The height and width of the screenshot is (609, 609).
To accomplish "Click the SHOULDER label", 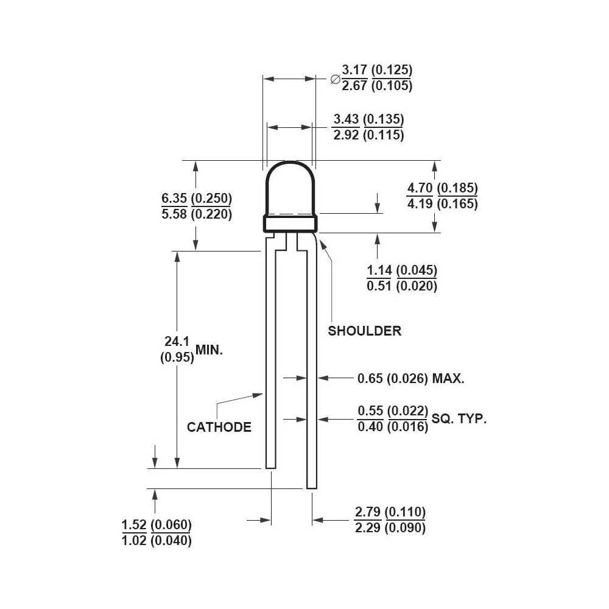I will click(x=364, y=331).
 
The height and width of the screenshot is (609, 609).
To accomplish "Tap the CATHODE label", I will click(x=219, y=427).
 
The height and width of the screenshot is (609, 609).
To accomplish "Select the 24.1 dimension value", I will click(x=177, y=343).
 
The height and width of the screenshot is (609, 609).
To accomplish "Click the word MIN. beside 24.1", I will click(x=209, y=350).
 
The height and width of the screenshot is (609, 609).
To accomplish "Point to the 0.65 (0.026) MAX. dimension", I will click(x=410, y=379).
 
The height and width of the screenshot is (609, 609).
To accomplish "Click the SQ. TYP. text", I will click(x=459, y=419).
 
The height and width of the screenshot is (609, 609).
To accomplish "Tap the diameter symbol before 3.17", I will click(x=334, y=79).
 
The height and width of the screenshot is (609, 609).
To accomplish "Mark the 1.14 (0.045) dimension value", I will click(x=401, y=270).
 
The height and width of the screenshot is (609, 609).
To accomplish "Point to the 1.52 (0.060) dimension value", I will click(x=157, y=524).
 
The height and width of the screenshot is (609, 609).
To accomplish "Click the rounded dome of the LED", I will click(x=290, y=186).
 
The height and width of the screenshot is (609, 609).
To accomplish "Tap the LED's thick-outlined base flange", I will click(x=290, y=223).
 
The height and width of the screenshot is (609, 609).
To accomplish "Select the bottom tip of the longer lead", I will click(x=311, y=485).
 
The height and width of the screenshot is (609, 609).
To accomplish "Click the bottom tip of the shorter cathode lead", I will click(x=270, y=465).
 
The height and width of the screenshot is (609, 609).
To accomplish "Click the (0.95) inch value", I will click(x=177, y=358).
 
